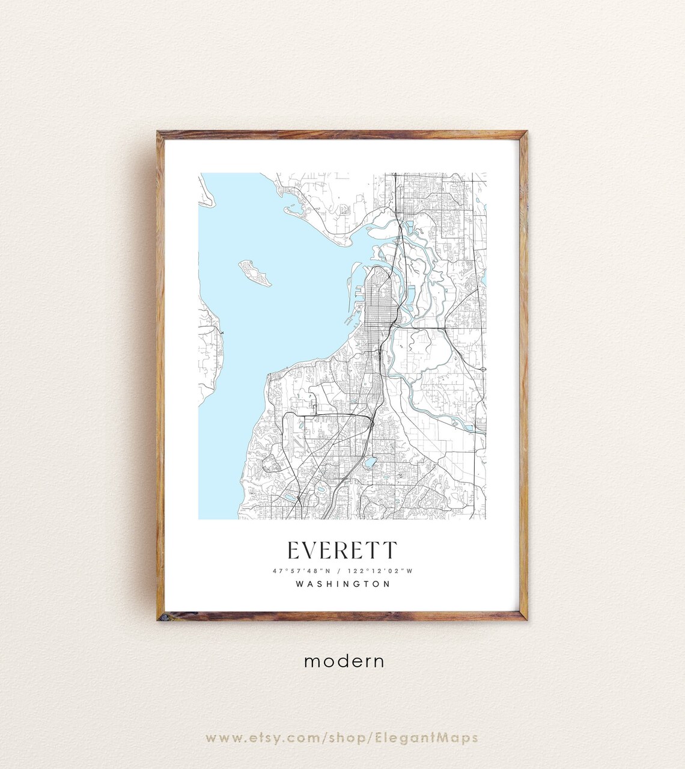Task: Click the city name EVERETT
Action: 342,550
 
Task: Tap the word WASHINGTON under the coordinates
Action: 343,583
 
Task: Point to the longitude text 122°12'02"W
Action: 380,571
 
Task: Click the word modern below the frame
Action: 344,661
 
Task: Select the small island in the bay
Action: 255,272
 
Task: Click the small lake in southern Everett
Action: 370,462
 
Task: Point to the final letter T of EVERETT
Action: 390,550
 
